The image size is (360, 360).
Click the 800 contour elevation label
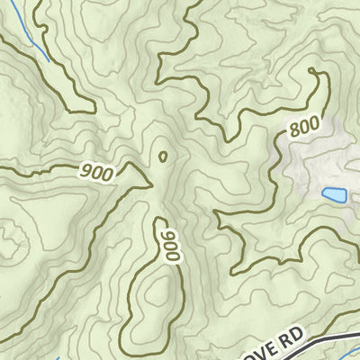(x=303, y=128)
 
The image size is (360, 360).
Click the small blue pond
(x=334, y=194)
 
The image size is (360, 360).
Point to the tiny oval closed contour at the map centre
(x=163, y=157)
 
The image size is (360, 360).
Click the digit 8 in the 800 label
(x=293, y=135)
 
